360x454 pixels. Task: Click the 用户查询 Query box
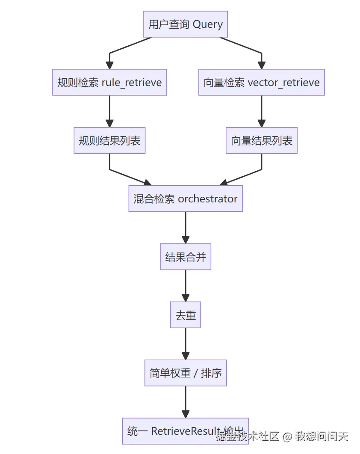click(186, 24)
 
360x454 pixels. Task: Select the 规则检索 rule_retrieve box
click(109, 82)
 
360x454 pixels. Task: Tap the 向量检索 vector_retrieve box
click(261, 82)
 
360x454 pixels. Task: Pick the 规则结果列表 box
click(109, 140)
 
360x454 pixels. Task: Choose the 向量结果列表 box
click(261, 140)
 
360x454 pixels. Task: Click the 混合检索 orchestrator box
click(186, 199)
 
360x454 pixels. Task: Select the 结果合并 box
click(186, 257)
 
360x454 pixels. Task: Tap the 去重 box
click(186, 315)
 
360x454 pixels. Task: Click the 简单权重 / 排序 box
click(186, 373)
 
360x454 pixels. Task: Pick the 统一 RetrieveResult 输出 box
click(186, 430)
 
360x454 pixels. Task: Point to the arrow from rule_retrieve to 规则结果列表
click(109, 111)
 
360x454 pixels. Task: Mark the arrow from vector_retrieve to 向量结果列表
click(261, 111)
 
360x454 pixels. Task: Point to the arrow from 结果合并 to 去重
click(186, 286)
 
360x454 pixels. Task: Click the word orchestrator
click(207, 199)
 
